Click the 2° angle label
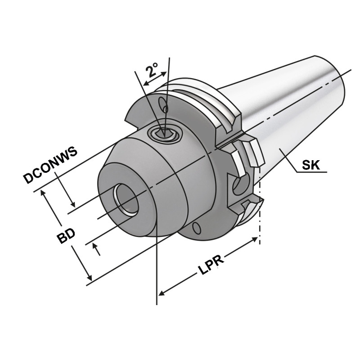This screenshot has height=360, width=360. point(152,70)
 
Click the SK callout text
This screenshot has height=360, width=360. point(310,165)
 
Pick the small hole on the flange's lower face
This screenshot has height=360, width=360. point(197,228)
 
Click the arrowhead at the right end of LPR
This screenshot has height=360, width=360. point(254,243)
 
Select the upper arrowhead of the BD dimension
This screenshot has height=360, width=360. point(44,192)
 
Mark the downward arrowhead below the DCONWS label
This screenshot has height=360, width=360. point(72,204)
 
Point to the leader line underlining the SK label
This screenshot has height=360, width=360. point(310,172)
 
